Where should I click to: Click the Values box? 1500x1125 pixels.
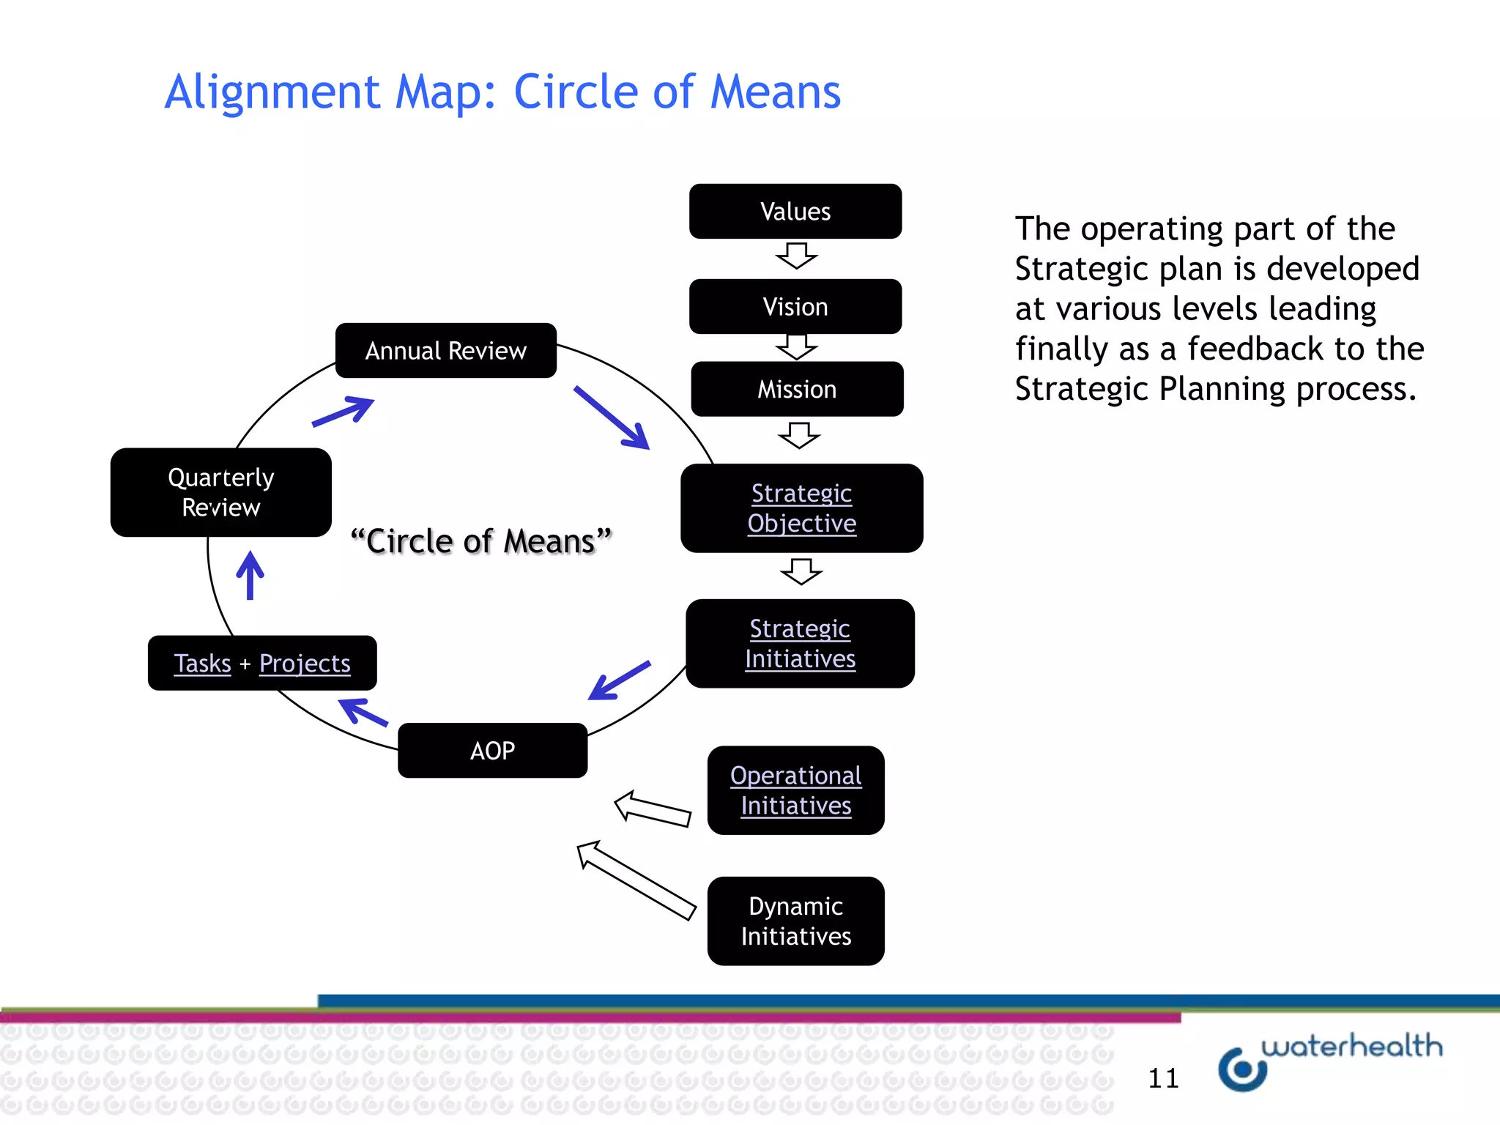(x=795, y=212)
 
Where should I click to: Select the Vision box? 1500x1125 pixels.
(x=795, y=307)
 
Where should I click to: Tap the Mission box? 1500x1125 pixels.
(x=797, y=390)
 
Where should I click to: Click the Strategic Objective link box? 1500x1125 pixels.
(x=801, y=508)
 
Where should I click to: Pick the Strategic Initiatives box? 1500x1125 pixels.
(x=800, y=644)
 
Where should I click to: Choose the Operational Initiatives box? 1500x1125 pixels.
(x=795, y=790)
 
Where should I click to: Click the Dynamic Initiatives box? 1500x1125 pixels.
(x=795, y=921)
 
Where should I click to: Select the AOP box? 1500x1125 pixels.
(x=492, y=751)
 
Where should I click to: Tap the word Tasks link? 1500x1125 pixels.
(x=202, y=664)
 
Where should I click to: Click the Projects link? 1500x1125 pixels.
(x=305, y=664)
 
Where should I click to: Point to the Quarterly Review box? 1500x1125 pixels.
(x=220, y=492)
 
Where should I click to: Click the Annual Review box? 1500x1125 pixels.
(x=445, y=351)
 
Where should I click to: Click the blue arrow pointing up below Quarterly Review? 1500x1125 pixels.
(x=250, y=576)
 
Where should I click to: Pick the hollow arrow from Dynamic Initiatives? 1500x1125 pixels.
(x=635, y=880)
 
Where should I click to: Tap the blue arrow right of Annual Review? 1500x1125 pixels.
(x=612, y=417)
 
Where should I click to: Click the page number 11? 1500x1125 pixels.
(x=1163, y=1078)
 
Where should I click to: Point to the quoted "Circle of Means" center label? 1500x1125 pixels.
(x=481, y=542)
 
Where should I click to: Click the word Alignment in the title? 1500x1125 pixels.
(x=272, y=92)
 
